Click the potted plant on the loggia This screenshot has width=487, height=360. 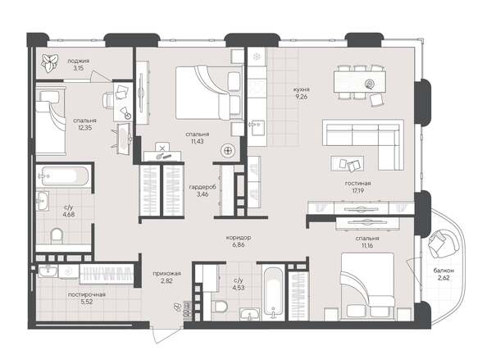[x=48, y=61]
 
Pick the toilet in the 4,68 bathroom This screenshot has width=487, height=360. [x=56, y=236]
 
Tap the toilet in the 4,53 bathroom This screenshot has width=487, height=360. [x=217, y=308]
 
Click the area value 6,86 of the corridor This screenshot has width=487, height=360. [x=239, y=245]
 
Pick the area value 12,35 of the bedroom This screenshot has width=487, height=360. [x=79, y=127]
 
